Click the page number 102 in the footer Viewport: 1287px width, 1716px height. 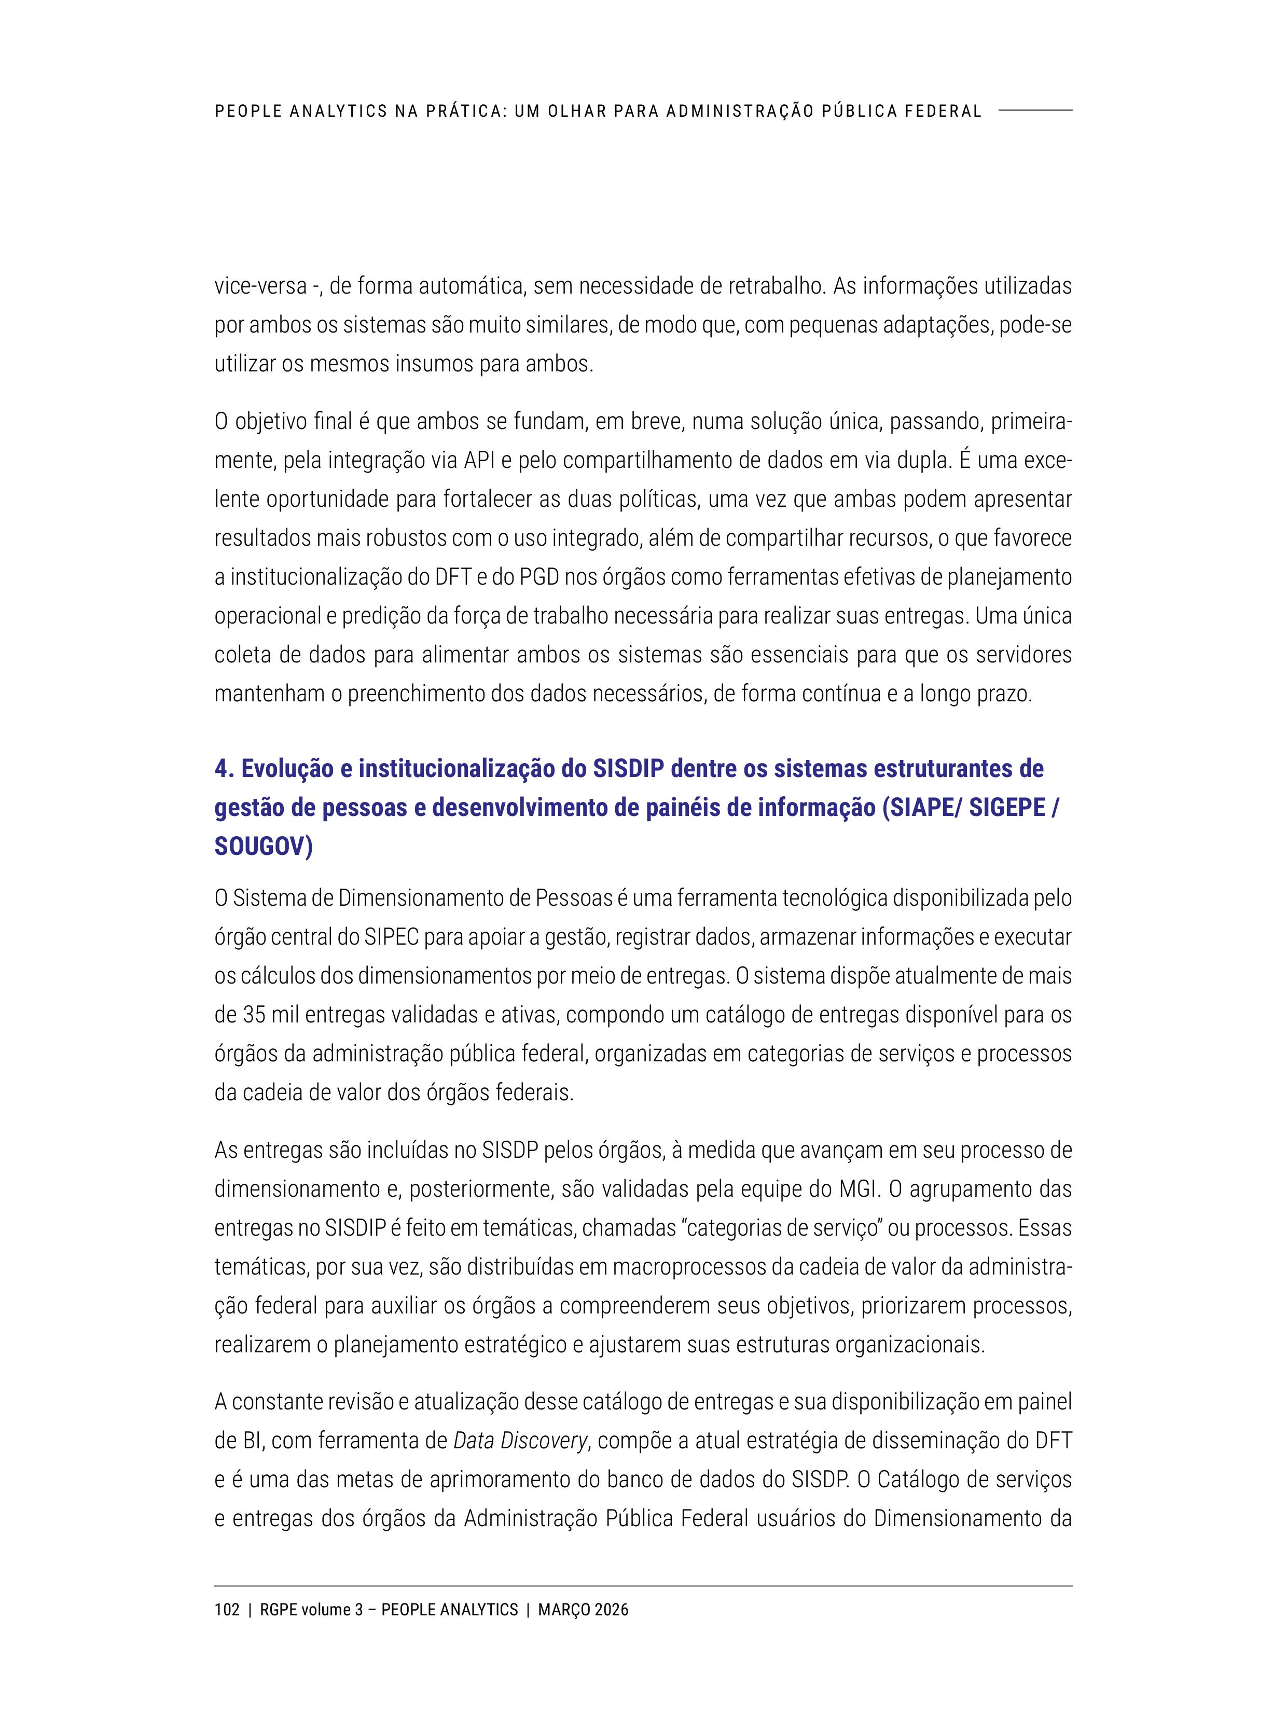tap(227, 1610)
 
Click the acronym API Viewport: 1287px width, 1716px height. tap(480, 461)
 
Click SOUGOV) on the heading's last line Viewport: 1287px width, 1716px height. tap(263, 847)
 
